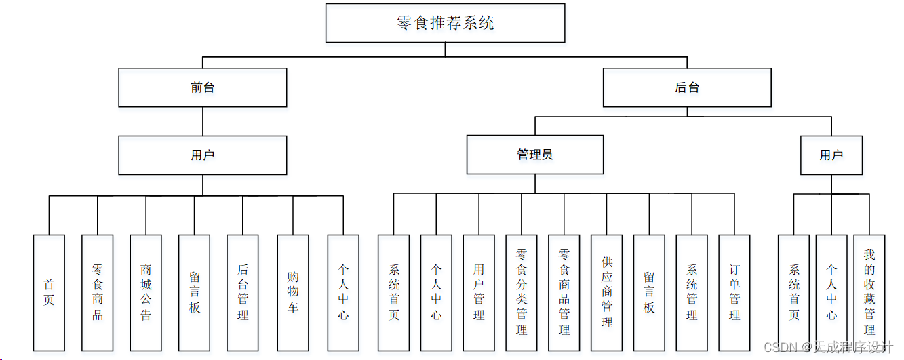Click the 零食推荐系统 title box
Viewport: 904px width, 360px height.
click(x=445, y=23)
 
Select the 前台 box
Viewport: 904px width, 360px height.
click(x=202, y=87)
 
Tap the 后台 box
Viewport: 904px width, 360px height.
click(x=686, y=87)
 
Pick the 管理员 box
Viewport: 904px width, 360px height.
click(x=534, y=155)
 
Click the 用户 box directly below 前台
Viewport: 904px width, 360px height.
click(x=202, y=155)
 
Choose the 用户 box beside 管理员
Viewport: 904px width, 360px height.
click(x=831, y=155)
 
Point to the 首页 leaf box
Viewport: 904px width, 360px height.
click(x=49, y=292)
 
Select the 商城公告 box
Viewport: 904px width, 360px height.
click(x=146, y=292)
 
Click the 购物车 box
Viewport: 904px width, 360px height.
click(x=292, y=292)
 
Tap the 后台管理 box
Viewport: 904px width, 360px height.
click(x=243, y=292)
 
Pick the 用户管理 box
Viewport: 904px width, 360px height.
click(x=479, y=292)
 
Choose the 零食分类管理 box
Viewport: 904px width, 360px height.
click(x=522, y=292)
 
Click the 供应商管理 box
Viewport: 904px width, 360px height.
click(x=607, y=292)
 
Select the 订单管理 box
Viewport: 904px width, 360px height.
click(x=734, y=292)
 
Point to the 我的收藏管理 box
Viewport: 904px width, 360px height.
click(x=869, y=292)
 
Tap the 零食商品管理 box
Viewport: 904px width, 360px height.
click(x=564, y=292)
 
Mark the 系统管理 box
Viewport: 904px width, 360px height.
click(x=692, y=292)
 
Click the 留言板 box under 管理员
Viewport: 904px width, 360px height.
click(x=649, y=292)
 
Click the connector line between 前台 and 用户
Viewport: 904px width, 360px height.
click(x=203, y=121)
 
